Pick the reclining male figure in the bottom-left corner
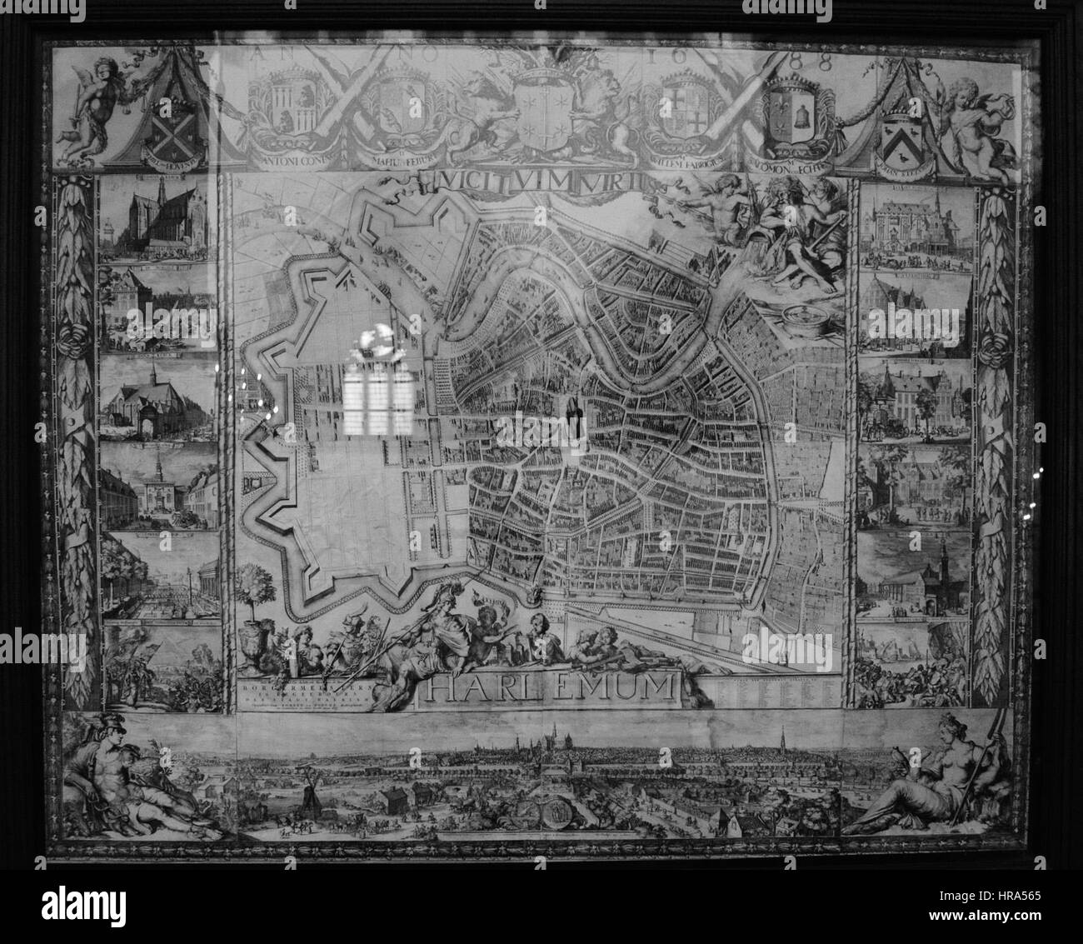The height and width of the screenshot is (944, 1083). click(125, 779)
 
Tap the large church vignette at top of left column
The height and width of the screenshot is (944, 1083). click(158, 221)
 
